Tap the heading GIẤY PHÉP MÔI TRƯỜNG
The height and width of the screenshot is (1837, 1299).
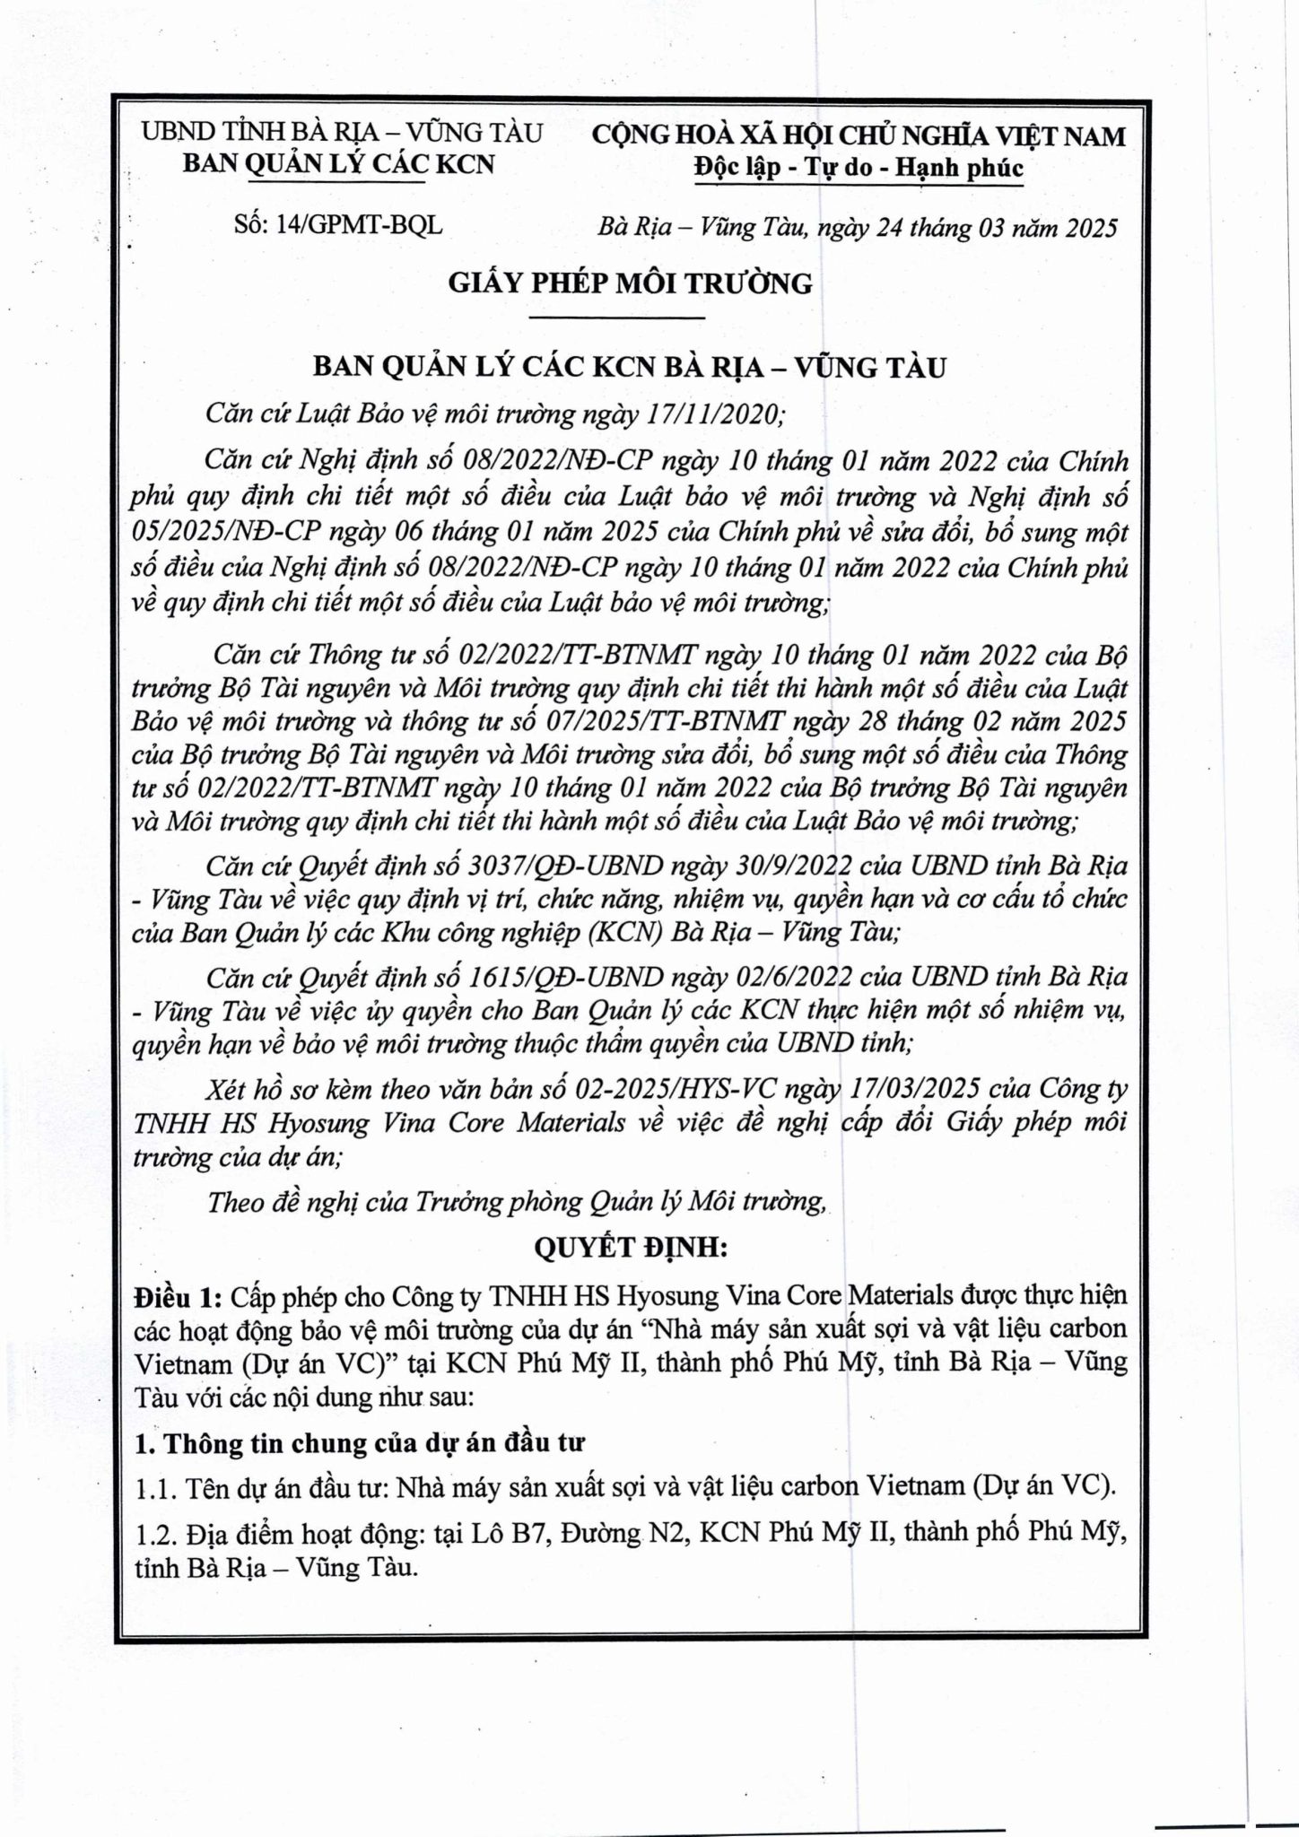pos(630,283)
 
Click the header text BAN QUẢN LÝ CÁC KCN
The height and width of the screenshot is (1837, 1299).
pos(338,164)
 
